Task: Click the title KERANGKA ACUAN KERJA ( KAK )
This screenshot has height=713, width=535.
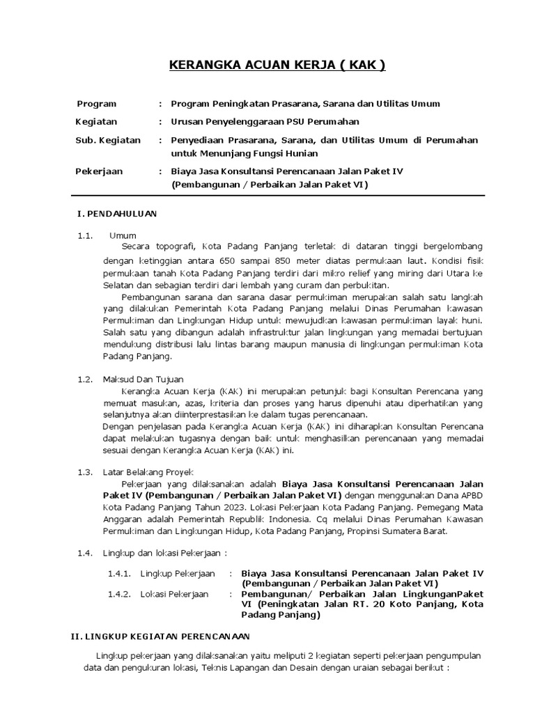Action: pyautogui.click(x=277, y=66)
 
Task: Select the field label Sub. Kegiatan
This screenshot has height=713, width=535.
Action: pyautogui.click(x=108, y=140)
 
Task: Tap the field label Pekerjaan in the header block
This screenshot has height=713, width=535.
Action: pyautogui.click(x=99, y=171)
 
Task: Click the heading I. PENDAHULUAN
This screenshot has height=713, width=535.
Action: pyautogui.click(x=116, y=213)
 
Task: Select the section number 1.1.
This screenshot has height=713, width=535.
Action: pyautogui.click(x=85, y=235)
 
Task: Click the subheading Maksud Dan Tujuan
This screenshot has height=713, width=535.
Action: pyautogui.click(x=143, y=379)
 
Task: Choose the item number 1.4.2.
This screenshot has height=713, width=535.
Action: pyautogui.click(x=119, y=594)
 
